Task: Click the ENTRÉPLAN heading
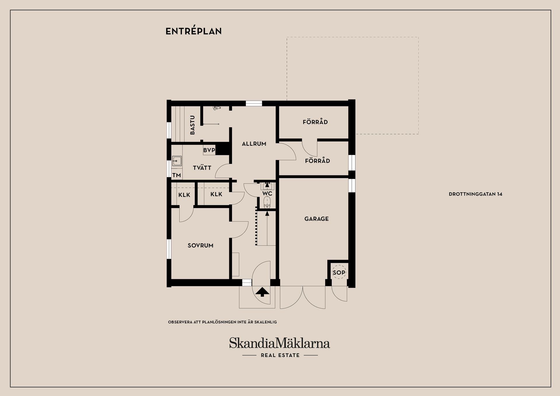click(194, 31)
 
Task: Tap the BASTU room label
click(192, 125)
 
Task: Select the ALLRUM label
click(254, 144)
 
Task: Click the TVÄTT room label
click(202, 168)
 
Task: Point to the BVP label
click(209, 150)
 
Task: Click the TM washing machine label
click(177, 175)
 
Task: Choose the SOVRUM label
click(200, 245)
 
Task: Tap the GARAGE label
click(316, 219)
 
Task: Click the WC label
click(267, 193)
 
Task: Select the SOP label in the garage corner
click(339, 272)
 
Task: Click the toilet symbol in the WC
click(267, 202)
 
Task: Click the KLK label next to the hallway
click(216, 194)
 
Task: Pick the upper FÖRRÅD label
click(315, 122)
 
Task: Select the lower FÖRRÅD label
click(317, 161)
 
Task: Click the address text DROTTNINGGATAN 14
click(475, 194)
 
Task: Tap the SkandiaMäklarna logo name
click(279, 343)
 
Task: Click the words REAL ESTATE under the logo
click(280, 355)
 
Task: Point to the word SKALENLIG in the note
click(265, 322)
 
